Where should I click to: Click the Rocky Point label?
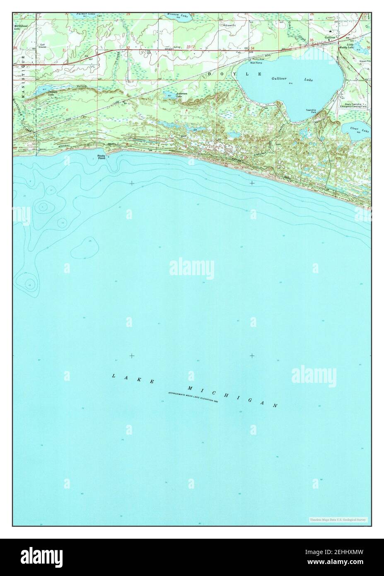(101, 157)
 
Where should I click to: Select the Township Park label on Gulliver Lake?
(311, 111)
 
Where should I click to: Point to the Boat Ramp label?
(256, 62)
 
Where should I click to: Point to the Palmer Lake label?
(86, 14)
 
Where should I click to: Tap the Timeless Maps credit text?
(338, 519)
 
